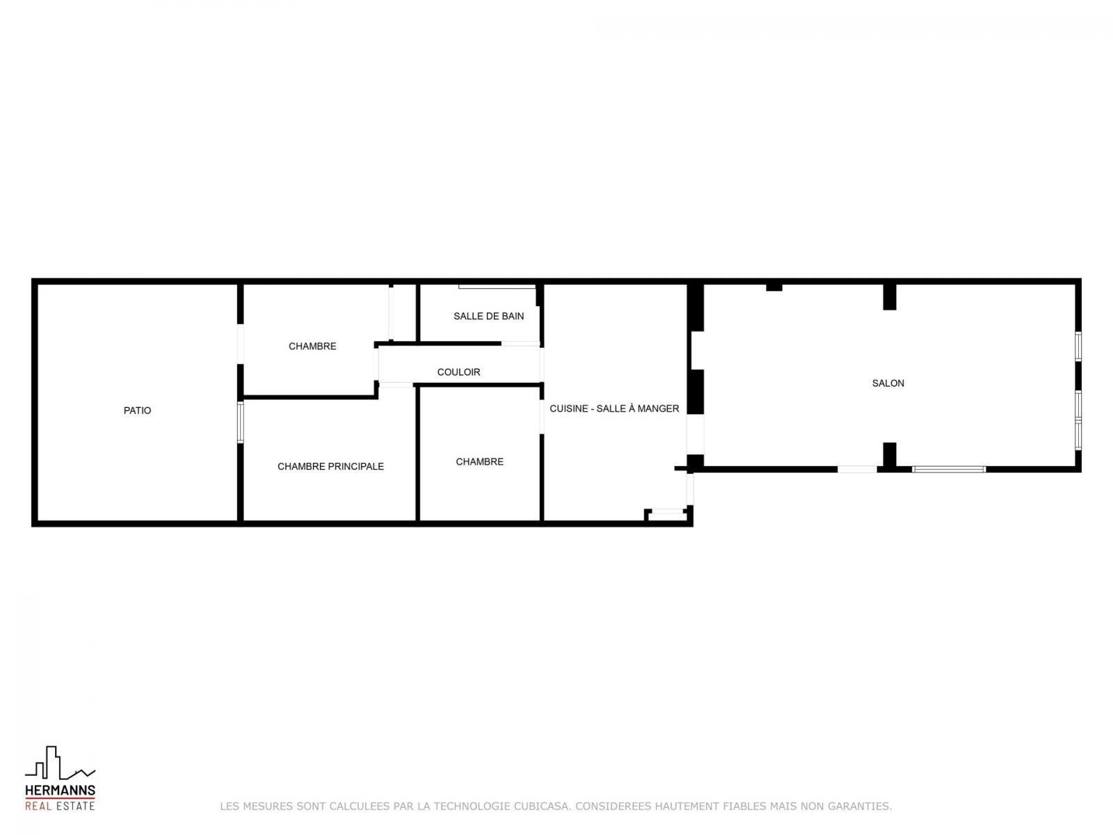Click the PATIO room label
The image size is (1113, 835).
pyautogui.click(x=137, y=410)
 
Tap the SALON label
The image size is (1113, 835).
pyautogui.click(x=888, y=383)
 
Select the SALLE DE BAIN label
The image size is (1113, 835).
pyautogui.click(x=488, y=316)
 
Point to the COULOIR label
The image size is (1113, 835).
pyautogui.click(x=458, y=372)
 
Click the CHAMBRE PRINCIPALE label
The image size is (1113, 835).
pyautogui.click(x=330, y=466)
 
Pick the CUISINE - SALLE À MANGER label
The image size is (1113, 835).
pyautogui.click(x=614, y=408)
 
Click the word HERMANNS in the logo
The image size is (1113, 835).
pyautogui.click(x=60, y=790)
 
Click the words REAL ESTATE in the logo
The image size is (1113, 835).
pyautogui.click(x=60, y=806)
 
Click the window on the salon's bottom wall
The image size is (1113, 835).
pyautogui.click(x=948, y=469)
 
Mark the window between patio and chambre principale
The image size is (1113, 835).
pyautogui.click(x=241, y=422)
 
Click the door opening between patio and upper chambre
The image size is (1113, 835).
pyautogui.click(x=241, y=344)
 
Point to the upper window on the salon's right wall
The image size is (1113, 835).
pyautogui.click(x=1078, y=347)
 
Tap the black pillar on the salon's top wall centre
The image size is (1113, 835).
pyautogui.click(x=890, y=296)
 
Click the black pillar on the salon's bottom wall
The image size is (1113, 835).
pyautogui.click(x=890, y=455)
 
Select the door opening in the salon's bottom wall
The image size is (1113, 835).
pyautogui.click(x=857, y=469)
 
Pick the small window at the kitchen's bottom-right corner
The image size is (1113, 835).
pyautogui.click(x=666, y=511)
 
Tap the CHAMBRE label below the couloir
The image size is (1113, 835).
pyautogui.click(x=479, y=461)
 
